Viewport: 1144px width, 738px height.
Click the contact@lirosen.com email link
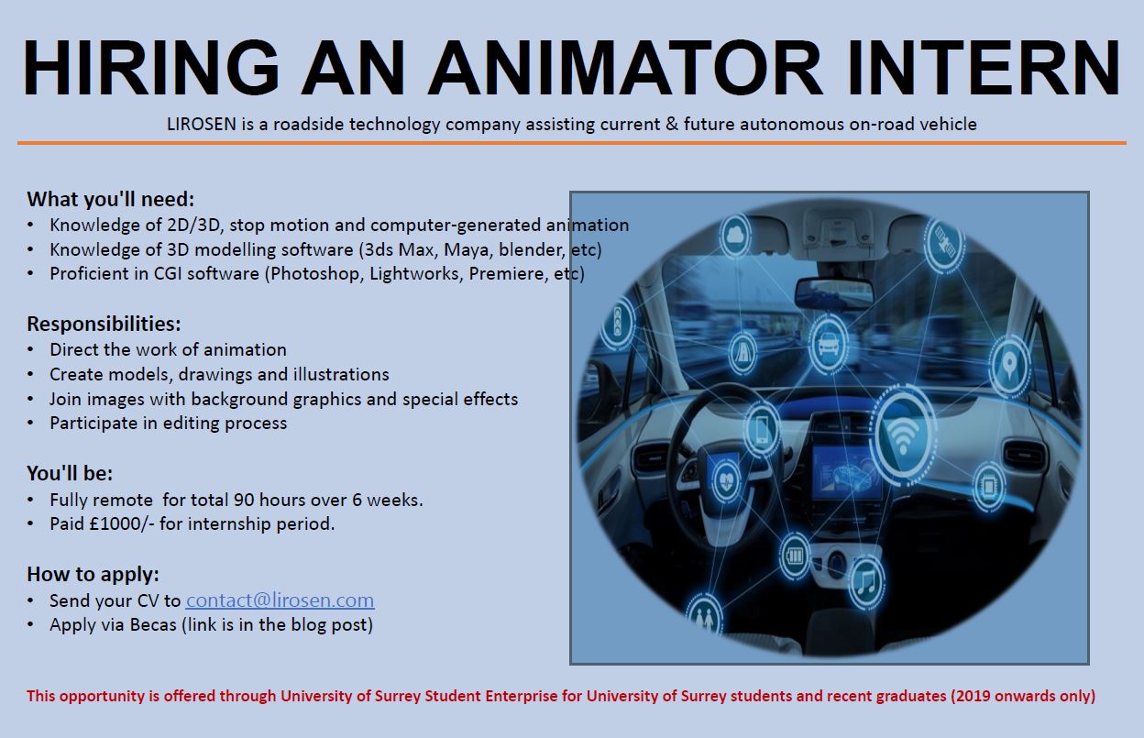click(280, 600)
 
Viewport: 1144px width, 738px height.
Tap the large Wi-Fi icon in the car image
click(903, 435)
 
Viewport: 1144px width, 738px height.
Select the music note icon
click(866, 583)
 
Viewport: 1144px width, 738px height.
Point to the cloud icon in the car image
click(735, 236)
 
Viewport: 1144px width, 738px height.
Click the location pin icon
click(1009, 365)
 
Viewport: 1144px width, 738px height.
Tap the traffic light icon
click(618, 322)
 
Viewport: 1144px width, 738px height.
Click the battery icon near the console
click(795, 556)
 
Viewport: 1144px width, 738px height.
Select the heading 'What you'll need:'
click(111, 199)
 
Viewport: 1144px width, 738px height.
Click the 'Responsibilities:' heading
click(104, 324)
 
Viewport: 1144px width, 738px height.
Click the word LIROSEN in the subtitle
click(202, 124)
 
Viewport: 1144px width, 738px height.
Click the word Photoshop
click(316, 274)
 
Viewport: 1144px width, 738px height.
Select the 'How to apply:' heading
click(93, 574)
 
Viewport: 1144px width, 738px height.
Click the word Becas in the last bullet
click(153, 624)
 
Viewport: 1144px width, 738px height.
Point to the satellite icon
click(944, 244)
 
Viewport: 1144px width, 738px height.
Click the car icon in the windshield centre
click(828, 342)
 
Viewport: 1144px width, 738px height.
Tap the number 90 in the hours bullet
click(244, 500)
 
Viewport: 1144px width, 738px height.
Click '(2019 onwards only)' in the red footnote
click(1023, 696)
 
